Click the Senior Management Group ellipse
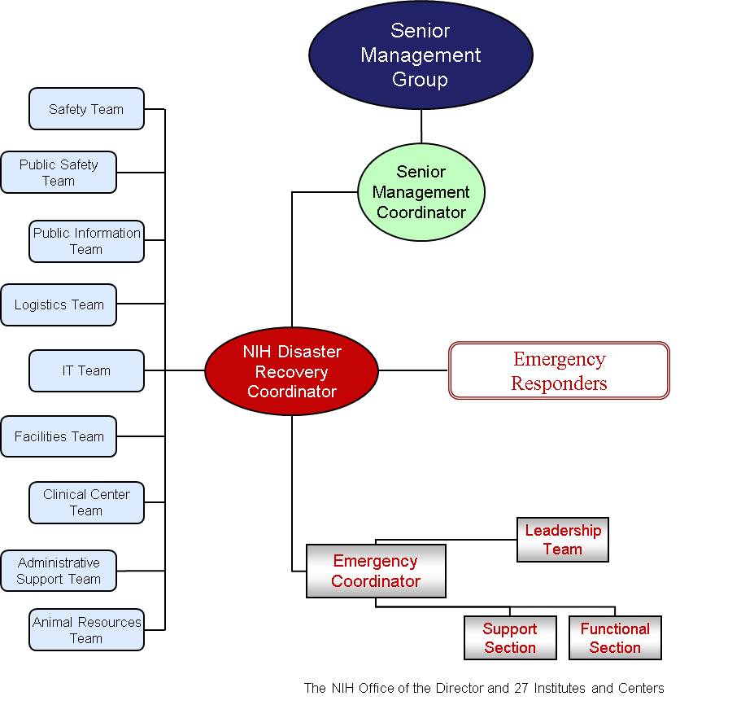[x=421, y=55]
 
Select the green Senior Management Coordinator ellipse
[x=421, y=192]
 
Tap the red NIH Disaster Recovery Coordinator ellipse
[x=292, y=371]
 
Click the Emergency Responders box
[x=559, y=370]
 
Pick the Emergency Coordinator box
[x=376, y=571]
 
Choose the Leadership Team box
[x=562, y=539]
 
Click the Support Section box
[x=510, y=637]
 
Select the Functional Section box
[x=615, y=637]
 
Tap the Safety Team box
[x=86, y=109]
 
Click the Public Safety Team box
[x=59, y=172]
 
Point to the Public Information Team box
[x=86, y=241]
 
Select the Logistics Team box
[x=59, y=304]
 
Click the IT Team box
[x=86, y=370]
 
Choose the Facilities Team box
[x=59, y=436]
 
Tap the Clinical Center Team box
[x=86, y=502]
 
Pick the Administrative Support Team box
[x=59, y=571]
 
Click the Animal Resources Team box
[x=86, y=629]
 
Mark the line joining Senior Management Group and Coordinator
[x=421, y=126]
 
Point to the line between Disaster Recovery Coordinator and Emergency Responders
[x=413, y=370]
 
